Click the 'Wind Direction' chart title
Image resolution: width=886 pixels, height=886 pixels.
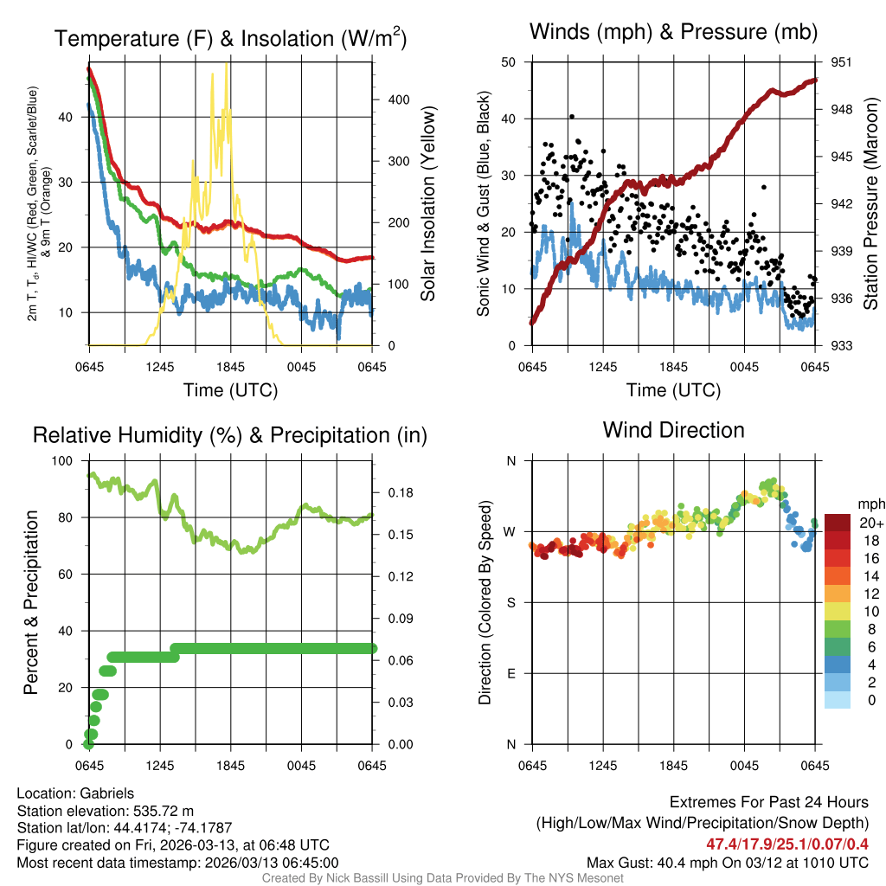coord(673,430)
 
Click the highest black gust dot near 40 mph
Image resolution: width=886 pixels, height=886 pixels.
coord(571,117)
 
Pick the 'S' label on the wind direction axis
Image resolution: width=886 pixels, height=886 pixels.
coord(510,602)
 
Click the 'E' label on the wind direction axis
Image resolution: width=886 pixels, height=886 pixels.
coord(510,673)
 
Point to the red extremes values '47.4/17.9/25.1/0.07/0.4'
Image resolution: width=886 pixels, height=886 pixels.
coord(787,844)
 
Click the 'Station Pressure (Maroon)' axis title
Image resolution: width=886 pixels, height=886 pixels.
coord(871,204)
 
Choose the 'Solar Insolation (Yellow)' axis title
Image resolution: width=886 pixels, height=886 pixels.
coord(427,204)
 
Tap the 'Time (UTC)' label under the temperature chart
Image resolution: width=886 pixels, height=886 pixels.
coord(230,390)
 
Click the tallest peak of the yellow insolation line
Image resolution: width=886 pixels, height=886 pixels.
coord(227,64)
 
